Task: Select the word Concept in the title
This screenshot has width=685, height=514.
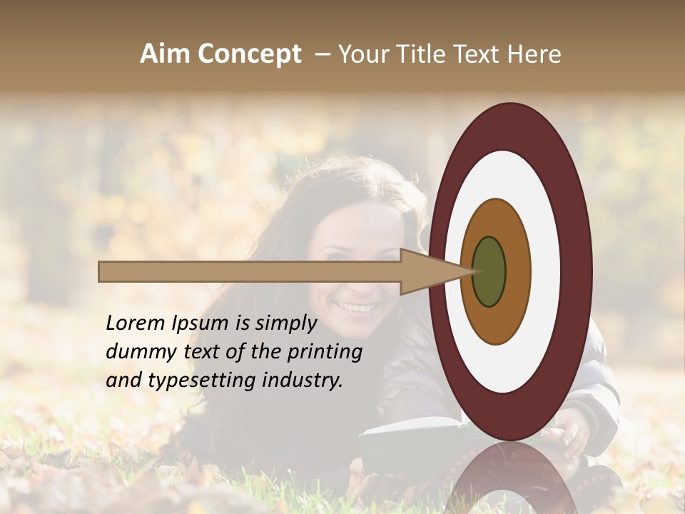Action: tap(248, 54)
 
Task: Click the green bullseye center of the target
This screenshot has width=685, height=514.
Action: tap(489, 272)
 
